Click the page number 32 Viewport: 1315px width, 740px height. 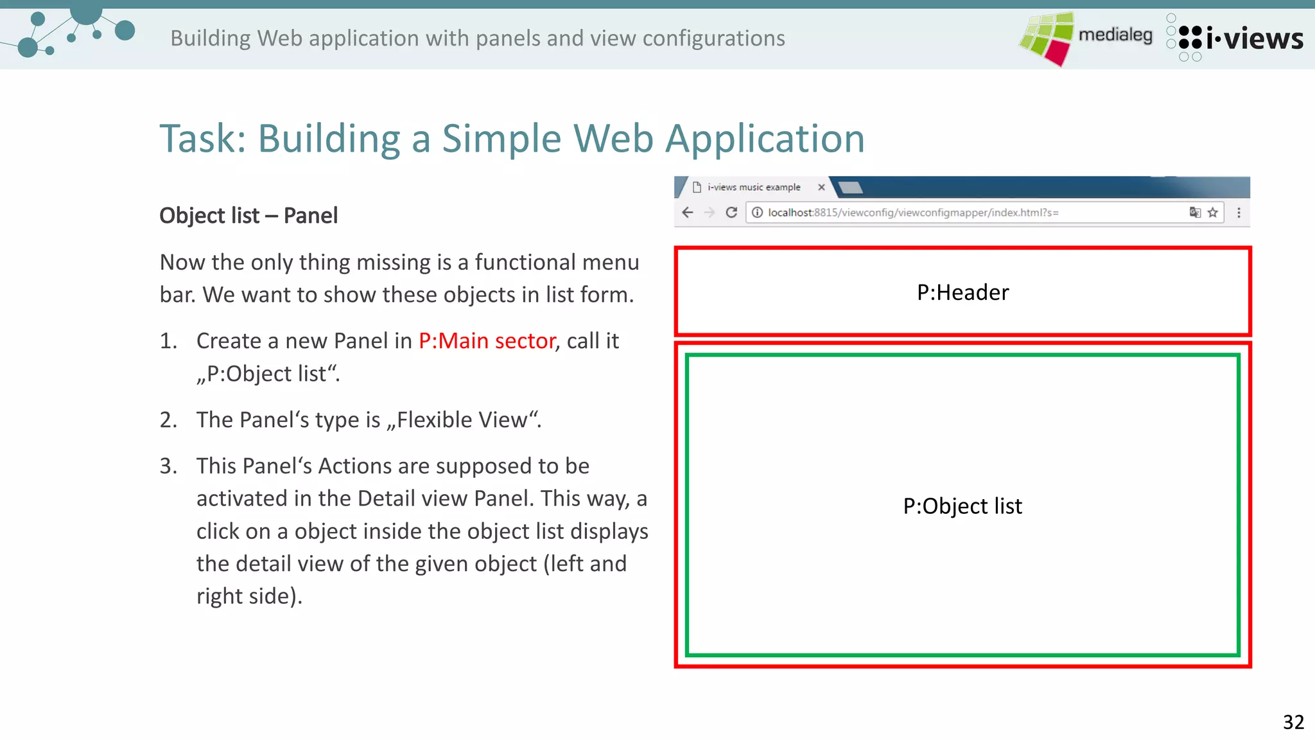[1293, 722]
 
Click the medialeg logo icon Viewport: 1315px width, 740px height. [1047, 38]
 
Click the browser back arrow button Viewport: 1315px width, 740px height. [688, 213]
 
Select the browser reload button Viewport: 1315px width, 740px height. [731, 213]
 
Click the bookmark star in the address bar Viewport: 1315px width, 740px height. [1213, 213]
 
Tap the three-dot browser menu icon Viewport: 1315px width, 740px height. [1239, 213]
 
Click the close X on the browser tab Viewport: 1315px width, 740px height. [821, 188]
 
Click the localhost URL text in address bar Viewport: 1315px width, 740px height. [912, 213]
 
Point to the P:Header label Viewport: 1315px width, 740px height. [962, 293]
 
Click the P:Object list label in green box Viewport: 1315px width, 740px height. [962, 506]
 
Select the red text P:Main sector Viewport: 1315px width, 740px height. [487, 340]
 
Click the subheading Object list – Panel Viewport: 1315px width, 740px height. [248, 216]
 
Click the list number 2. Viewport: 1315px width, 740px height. [168, 420]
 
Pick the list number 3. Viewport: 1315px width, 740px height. [168, 466]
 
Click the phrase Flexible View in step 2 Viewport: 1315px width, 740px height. [462, 420]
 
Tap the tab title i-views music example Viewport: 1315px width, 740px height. [754, 188]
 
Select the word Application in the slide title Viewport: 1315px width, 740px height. [765, 139]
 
